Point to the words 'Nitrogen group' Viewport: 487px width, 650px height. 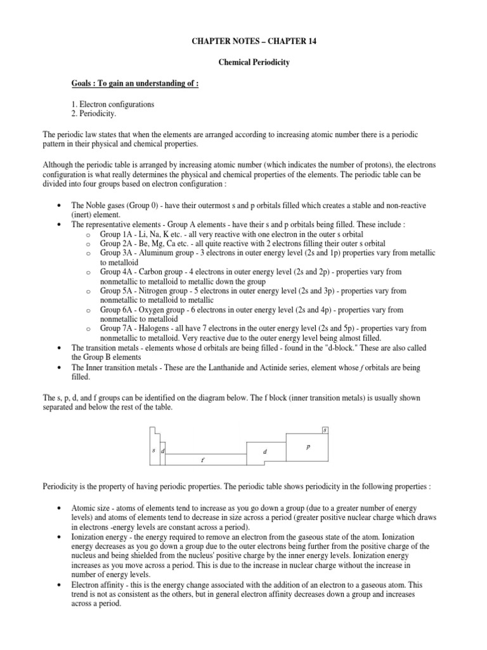coord(162,291)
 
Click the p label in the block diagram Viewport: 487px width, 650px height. coord(308,447)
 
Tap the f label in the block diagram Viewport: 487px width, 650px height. coord(202,460)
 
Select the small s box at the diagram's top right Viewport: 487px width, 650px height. coord(325,430)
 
